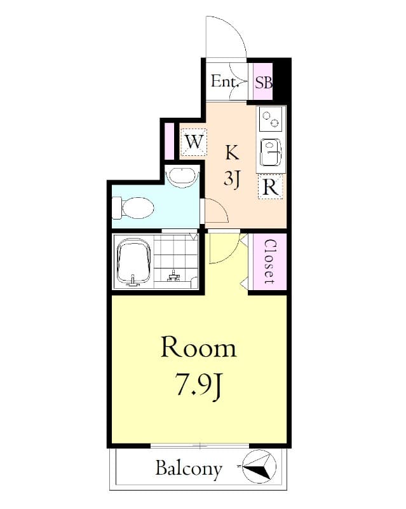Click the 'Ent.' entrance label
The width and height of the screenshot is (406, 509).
pos(224,81)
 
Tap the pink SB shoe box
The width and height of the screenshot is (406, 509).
pos(263,81)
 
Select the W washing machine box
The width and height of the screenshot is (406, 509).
pos(194,141)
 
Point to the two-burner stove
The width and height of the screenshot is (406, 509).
pos(271,118)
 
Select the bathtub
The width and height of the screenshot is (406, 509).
pos(133,261)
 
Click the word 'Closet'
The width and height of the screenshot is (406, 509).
pos(269,262)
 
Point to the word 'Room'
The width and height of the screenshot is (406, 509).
pos(198,347)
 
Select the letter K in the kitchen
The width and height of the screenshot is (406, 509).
pos(232,153)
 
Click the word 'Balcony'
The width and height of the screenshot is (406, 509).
pos(189,470)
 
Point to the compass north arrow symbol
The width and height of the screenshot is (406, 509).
pos(259,468)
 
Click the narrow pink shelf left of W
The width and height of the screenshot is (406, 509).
pos(169,140)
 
